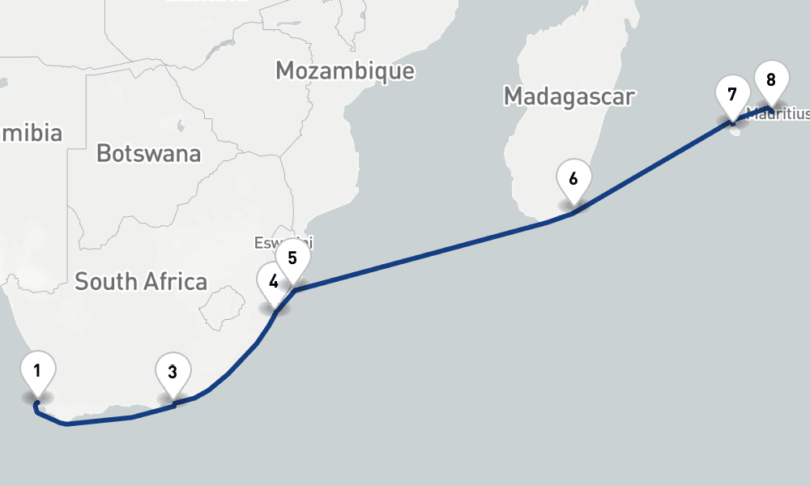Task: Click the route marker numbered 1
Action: [37, 373]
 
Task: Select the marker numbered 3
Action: [173, 373]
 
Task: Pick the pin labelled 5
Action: [292, 259]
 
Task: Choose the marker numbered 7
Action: [732, 95]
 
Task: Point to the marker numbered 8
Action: [770, 80]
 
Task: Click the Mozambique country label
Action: [345, 70]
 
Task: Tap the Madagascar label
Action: [569, 96]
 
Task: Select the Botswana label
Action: [148, 152]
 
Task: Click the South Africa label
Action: [141, 282]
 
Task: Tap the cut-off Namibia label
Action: [31, 133]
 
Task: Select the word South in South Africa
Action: [104, 282]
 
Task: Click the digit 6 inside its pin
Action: [573, 178]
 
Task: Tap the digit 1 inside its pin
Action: [37, 371]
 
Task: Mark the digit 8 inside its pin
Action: [770, 79]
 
